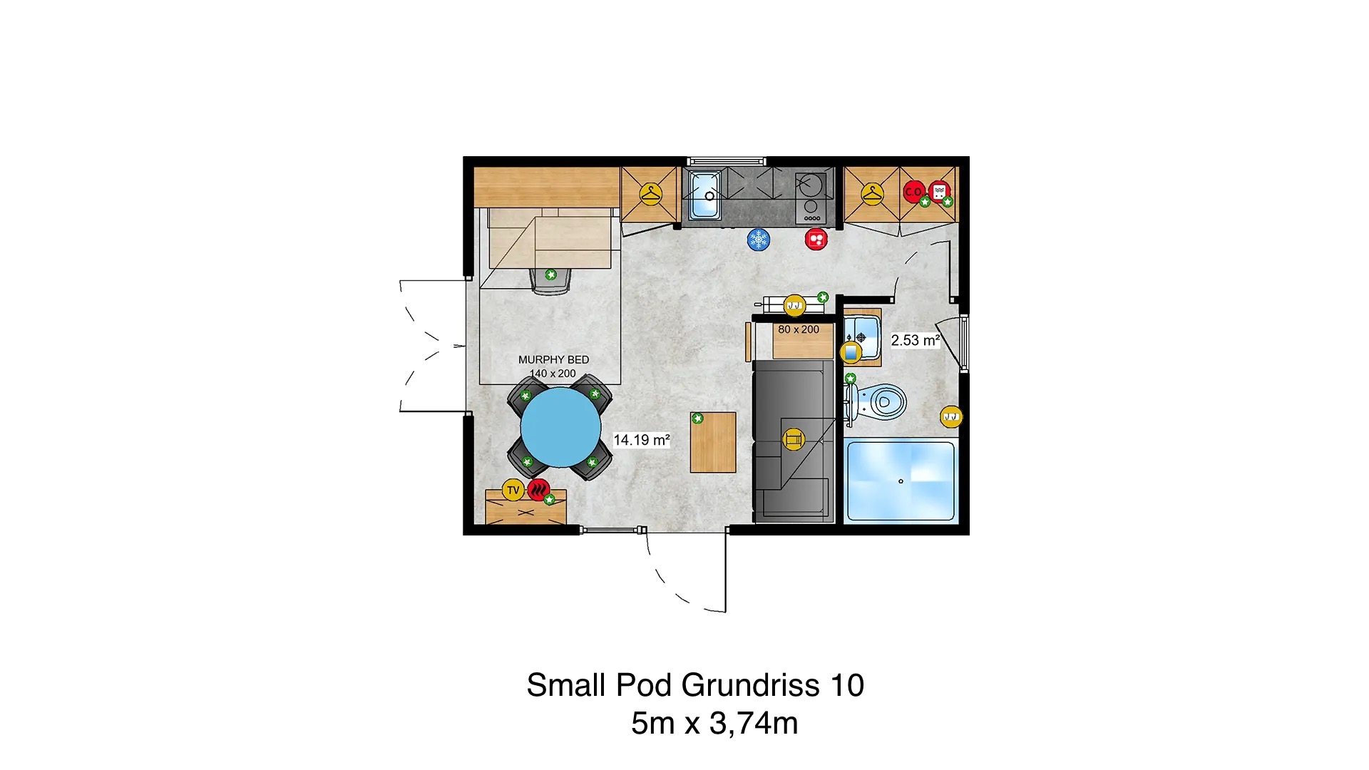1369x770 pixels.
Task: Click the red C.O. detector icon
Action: [x=914, y=191]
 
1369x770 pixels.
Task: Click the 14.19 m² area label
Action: [x=642, y=440]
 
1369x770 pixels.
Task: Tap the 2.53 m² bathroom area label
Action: [x=916, y=340]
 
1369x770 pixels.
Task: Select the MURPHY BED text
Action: [x=554, y=359]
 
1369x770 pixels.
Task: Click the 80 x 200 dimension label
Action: [x=799, y=329]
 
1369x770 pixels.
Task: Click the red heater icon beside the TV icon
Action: [x=539, y=490]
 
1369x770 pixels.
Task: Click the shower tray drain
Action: [x=901, y=481]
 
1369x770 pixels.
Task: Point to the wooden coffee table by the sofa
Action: [x=713, y=442]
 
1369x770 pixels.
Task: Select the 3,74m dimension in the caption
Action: [x=753, y=724]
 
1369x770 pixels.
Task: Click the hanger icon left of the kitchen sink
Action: [x=651, y=193]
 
